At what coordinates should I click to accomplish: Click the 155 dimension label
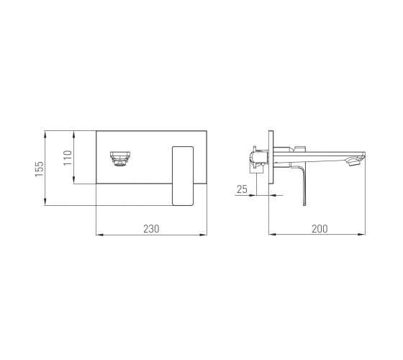coord(40,169)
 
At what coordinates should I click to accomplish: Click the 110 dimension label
coord(68,158)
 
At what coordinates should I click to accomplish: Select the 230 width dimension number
coord(151,229)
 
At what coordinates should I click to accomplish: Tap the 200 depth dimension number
coord(320,229)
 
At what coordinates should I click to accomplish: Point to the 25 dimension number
coord(242,189)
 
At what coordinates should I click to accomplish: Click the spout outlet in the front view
coord(120,158)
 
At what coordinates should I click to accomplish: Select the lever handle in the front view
coord(183,176)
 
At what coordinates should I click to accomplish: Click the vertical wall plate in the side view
coord(271,157)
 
